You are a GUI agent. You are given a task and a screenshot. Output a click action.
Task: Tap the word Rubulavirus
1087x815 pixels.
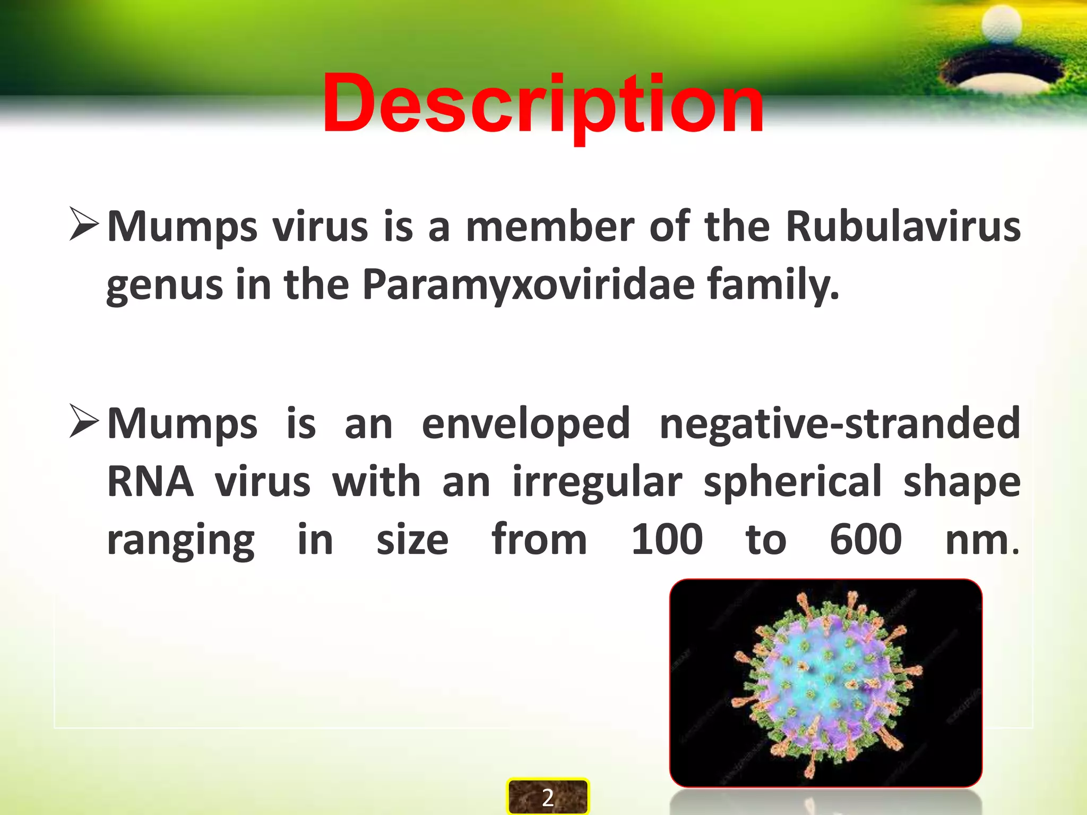(x=902, y=227)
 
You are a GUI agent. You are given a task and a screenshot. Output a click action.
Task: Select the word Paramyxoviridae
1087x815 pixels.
(x=528, y=285)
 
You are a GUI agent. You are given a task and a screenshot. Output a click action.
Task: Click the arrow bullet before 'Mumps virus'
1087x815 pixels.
(x=84, y=224)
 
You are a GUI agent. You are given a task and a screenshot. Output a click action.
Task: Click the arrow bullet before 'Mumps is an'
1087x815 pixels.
(x=84, y=421)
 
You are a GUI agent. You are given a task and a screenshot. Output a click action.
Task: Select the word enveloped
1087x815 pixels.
(x=525, y=424)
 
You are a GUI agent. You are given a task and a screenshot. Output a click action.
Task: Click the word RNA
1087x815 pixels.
(x=150, y=482)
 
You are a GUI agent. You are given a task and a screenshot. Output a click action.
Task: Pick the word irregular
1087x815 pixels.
(x=597, y=483)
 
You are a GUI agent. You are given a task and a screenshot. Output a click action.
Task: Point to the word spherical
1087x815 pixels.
(x=792, y=483)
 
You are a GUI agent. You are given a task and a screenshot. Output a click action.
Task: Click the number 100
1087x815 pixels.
(x=667, y=540)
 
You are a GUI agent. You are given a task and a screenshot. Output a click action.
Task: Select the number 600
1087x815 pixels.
(x=866, y=540)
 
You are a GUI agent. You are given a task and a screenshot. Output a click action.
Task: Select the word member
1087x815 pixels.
(x=550, y=227)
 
